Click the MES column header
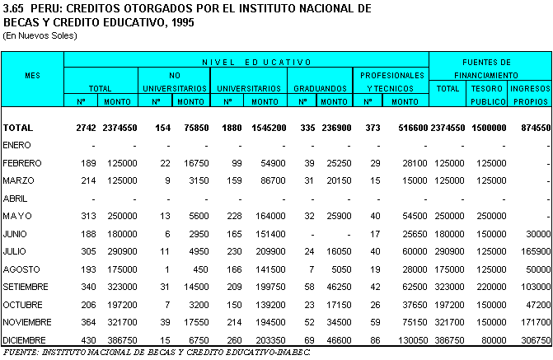tap(32, 75)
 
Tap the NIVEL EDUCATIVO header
tap(246, 62)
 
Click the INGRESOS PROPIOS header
tap(529, 94)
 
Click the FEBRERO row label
tap(22, 163)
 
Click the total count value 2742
tap(85, 129)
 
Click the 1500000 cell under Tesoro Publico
tap(488, 129)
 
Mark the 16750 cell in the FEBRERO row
tap(192, 163)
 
